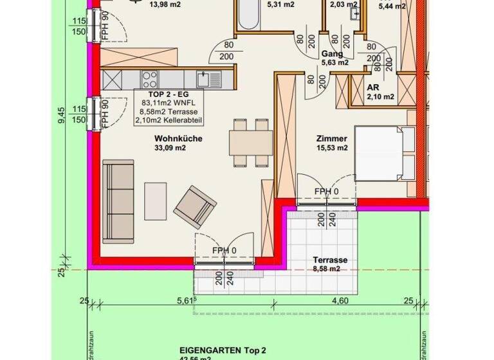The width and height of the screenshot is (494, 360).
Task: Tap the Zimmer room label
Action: (332, 138)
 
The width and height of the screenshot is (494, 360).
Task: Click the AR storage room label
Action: (373, 87)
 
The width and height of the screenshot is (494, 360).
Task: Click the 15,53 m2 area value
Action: (332, 148)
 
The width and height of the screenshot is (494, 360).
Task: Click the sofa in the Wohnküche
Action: (119, 193)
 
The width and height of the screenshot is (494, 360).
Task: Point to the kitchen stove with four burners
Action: (150, 80)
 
